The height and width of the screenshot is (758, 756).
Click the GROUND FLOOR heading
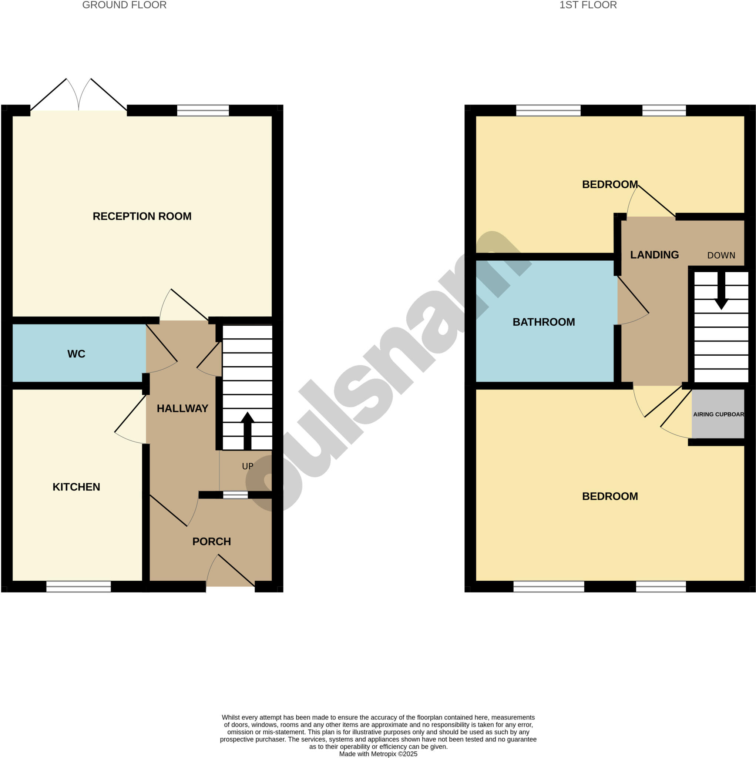pyautogui.click(x=124, y=5)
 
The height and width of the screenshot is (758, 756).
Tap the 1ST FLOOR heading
pyautogui.click(x=588, y=5)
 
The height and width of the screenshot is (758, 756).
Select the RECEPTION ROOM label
pyautogui.click(x=142, y=216)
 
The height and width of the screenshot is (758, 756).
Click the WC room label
pyautogui.click(x=76, y=354)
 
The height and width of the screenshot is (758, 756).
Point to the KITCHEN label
pyautogui.click(x=76, y=487)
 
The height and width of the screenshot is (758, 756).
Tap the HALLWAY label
pyautogui.click(x=182, y=409)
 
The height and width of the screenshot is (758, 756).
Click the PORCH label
pyautogui.click(x=211, y=541)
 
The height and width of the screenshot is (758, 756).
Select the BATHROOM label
pyautogui.click(x=543, y=322)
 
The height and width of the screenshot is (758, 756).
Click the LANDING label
pyautogui.click(x=654, y=255)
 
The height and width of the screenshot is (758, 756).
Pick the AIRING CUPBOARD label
pyautogui.click(x=718, y=414)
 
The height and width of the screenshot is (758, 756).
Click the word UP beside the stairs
pyautogui.click(x=248, y=466)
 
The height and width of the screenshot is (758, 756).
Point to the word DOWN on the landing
pyautogui.click(x=721, y=256)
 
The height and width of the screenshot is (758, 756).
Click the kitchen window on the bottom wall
pyautogui.click(x=78, y=587)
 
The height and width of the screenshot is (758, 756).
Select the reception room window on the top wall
pyautogui.click(x=203, y=111)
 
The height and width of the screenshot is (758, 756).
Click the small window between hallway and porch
pyautogui.click(x=235, y=495)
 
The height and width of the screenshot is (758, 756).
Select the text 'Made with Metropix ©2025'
pyautogui.click(x=378, y=754)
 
